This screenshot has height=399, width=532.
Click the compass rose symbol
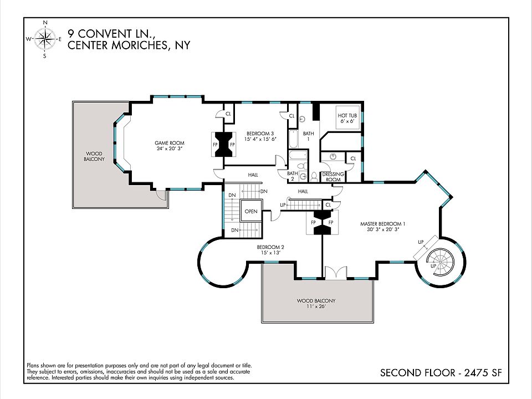(45, 39)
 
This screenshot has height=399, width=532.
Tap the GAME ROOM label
(170, 143)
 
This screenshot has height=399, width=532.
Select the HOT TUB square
(347, 117)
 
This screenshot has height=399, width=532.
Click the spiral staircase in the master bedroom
(441, 262)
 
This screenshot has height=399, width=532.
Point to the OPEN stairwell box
(251, 211)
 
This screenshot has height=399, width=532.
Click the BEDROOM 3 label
(260, 134)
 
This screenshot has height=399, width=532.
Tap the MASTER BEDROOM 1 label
(383, 224)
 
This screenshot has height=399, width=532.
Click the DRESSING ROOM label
(333, 177)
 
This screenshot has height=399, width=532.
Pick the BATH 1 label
(309, 136)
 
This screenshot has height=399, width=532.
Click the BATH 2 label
(293, 176)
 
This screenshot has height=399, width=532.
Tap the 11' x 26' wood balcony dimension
(316, 306)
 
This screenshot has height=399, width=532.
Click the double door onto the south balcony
(336, 273)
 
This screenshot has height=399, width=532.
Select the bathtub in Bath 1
(293, 139)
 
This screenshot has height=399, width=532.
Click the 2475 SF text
(483, 373)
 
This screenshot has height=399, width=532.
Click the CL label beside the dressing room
(353, 158)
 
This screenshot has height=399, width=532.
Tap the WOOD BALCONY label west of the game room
(94, 156)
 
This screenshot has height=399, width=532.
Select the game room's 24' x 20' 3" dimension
(170, 149)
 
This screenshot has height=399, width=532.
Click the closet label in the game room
(228, 114)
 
